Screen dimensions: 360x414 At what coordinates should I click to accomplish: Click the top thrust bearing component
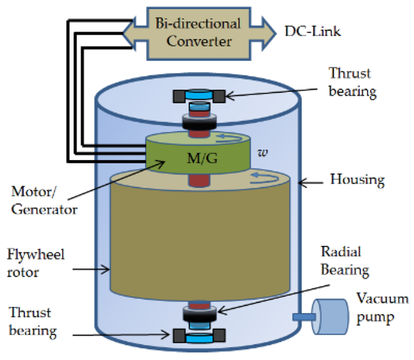click(198, 96)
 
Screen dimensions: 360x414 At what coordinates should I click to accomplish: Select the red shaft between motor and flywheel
click(197, 180)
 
